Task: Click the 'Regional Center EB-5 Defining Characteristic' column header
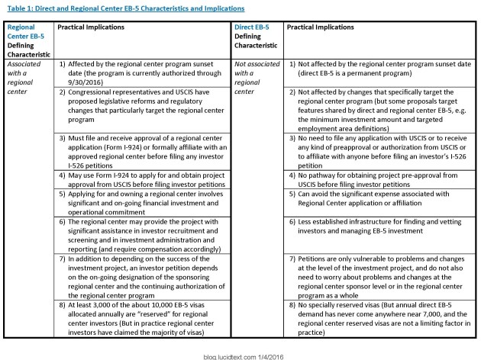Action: click(27, 40)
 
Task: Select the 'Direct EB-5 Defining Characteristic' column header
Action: click(257, 40)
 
